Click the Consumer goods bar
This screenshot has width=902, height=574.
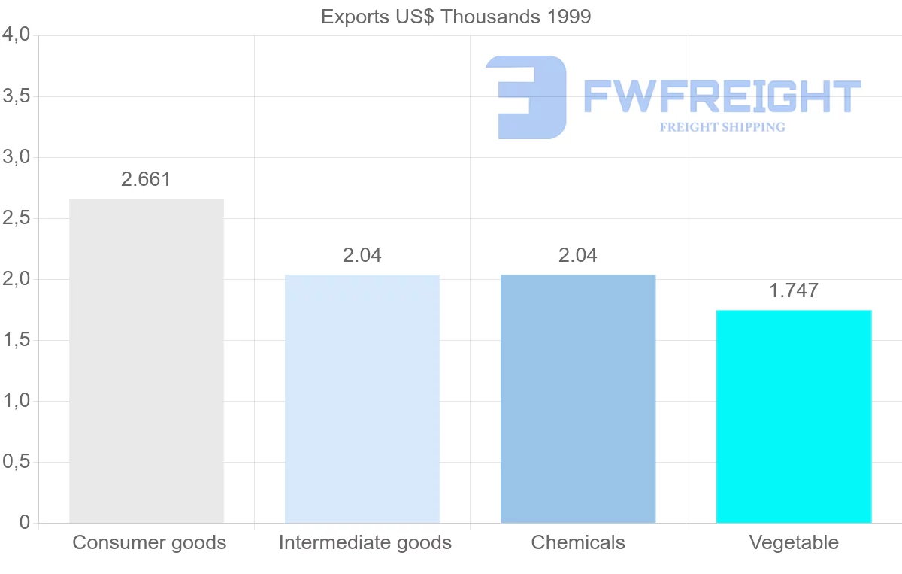click(x=147, y=360)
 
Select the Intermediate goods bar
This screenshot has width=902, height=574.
click(x=362, y=399)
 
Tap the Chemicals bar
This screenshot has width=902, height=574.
click(x=578, y=399)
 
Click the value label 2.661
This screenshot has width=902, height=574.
click(x=147, y=180)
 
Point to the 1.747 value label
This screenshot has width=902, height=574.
click(x=794, y=291)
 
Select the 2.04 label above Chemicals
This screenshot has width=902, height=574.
click(x=578, y=256)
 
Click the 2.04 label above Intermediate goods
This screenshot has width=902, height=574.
click(x=362, y=256)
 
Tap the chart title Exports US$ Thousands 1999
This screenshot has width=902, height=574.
click(x=456, y=17)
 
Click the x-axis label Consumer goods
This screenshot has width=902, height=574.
click(x=149, y=542)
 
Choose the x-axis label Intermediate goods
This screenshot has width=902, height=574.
click(x=365, y=542)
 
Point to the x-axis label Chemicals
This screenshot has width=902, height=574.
click(x=578, y=542)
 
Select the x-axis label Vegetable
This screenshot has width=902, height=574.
click(x=794, y=542)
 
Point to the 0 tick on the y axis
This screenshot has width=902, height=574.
click(x=24, y=523)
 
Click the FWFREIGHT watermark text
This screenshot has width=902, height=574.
click(x=722, y=96)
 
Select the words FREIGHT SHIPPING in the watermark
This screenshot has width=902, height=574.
click(x=722, y=127)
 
